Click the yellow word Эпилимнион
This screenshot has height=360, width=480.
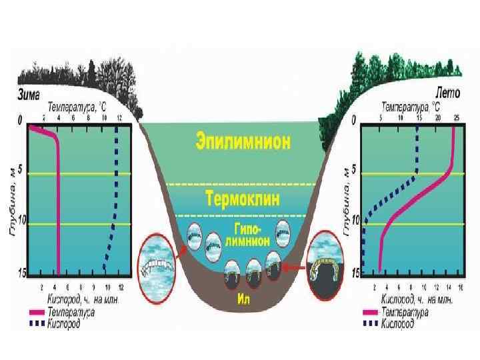243,142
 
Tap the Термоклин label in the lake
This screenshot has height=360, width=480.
242,199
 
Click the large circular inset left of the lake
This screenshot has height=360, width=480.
156,268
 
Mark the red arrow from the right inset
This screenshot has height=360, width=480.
295,268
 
